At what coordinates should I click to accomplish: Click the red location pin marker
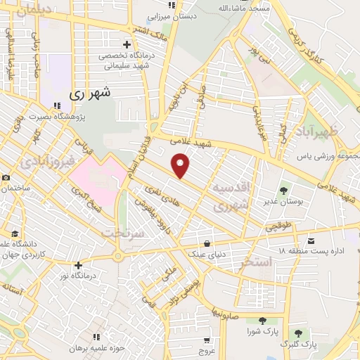(181, 166)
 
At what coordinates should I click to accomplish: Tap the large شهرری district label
(91, 92)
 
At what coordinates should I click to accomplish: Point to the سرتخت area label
(122, 232)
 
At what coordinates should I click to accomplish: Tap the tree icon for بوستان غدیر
(284, 191)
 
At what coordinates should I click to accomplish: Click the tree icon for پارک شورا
(262, 320)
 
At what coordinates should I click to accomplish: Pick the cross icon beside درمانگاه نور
(78, 265)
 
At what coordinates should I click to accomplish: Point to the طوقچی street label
(278, 226)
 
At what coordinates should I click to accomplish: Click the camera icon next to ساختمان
(6, 178)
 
